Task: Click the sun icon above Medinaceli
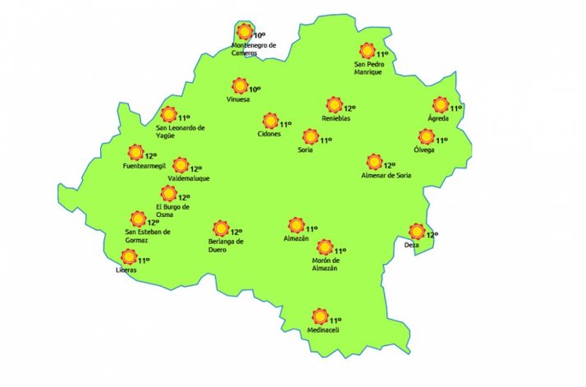[x=319, y=316]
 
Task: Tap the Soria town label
[x=305, y=150]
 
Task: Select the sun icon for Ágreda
[x=441, y=105]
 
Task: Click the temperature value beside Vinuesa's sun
[x=254, y=90]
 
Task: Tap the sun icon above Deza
[x=417, y=232]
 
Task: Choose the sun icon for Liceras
[x=129, y=257]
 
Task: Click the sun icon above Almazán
[x=295, y=224]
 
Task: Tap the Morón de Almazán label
[x=326, y=265]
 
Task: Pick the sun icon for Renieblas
[x=334, y=105]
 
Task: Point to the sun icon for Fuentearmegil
[x=135, y=152]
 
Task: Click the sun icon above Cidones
[x=271, y=121]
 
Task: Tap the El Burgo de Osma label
[x=172, y=210]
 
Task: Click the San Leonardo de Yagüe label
[x=180, y=131]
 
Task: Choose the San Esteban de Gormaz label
[x=148, y=235]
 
